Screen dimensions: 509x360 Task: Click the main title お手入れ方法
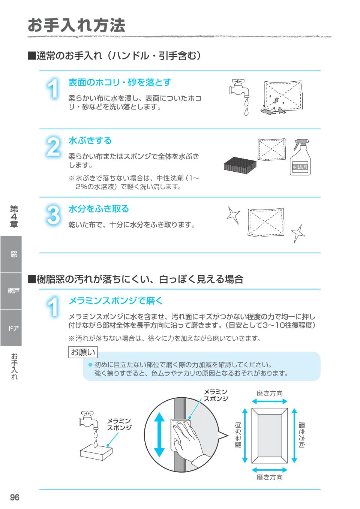[x=76, y=25]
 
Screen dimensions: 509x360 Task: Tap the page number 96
[x=15, y=497]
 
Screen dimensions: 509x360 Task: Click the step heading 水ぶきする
[x=90, y=141]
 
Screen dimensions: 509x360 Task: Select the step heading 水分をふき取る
[x=98, y=209]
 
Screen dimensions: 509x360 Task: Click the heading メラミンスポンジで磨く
[x=115, y=301]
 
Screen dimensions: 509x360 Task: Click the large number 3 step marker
[x=53, y=216]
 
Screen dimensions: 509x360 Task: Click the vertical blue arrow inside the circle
[x=160, y=434]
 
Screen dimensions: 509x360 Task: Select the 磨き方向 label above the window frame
[x=269, y=393]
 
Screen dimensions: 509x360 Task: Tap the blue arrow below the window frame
[x=269, y=470]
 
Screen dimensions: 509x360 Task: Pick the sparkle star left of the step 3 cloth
[x=232, y=215]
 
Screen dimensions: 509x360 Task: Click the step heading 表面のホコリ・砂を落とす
[x=120, y=82]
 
